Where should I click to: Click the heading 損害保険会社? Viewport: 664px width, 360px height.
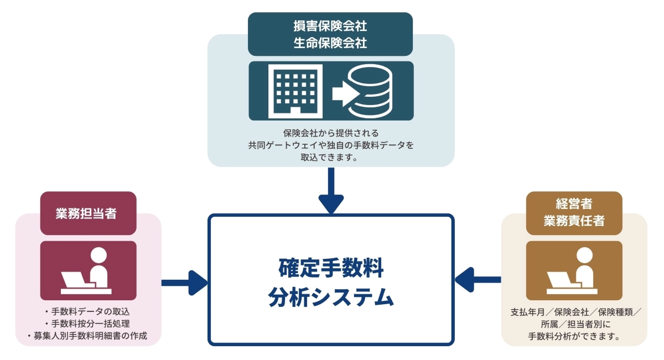pyautogui.click(x=330, y=26)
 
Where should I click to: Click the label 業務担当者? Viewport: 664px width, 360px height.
pyautogui.click(x=88, y=213)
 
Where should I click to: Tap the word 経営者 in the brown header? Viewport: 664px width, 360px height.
pyautogui.click(x=573, y=205)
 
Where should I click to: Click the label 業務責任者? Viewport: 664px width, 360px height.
pyautogui.click(x=573, y=221)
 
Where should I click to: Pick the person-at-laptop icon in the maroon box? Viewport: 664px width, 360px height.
pyautogui.click(x=88, y=270)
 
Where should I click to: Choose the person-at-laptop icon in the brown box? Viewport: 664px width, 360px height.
pyautogui.click(x=574, y=270)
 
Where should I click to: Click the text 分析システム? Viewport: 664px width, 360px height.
pyautogui.click(x=331, y=298)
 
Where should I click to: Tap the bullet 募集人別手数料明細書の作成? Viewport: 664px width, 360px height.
pyautogui.click(x=87, y=336)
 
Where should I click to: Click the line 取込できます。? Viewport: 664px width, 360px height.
pyautogui.click(x=331, y=157)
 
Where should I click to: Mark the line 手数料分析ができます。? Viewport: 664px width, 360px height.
pyautogui.click(x=573, y=336)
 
